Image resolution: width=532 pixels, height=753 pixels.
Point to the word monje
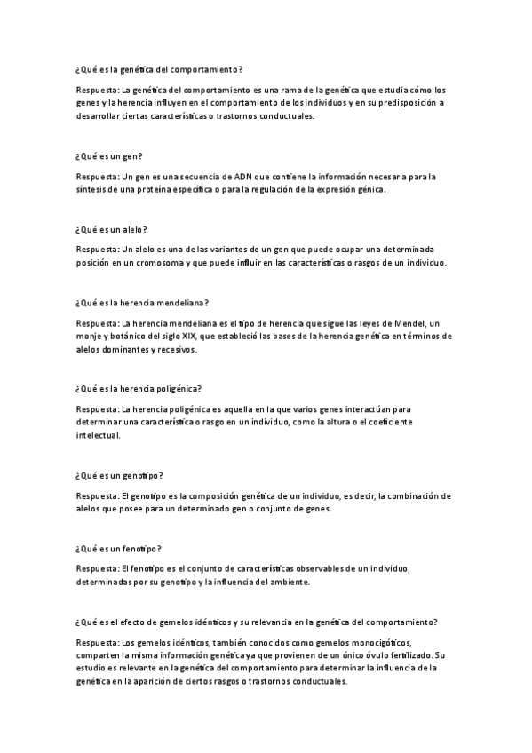(x=90, y=336)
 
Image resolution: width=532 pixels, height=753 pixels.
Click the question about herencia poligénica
(x=139, y=388)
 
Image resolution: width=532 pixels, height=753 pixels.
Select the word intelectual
(x=99, y=437)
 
